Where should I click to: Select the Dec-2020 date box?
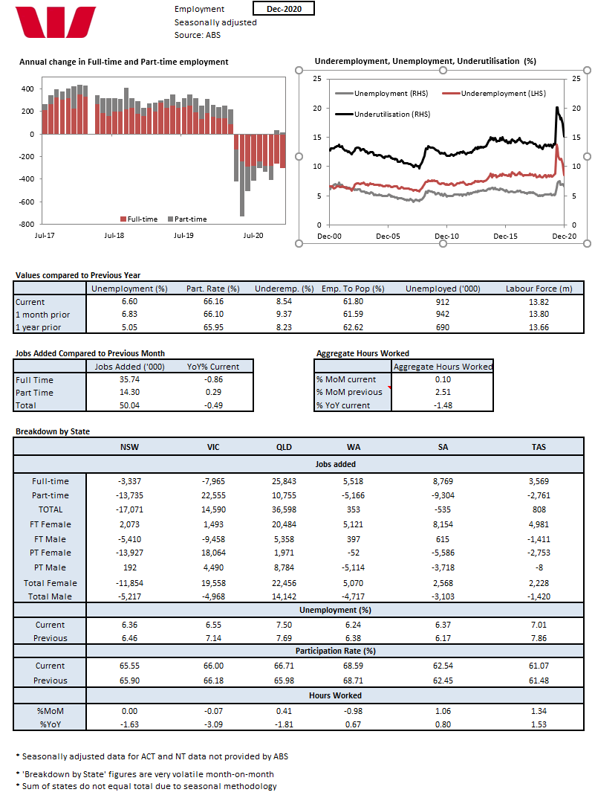click(283, 8)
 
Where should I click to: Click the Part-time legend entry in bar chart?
click(187, 219)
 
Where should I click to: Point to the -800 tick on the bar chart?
click(26, 224)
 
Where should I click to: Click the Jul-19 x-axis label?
click(183, 236)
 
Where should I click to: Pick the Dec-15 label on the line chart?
click(505, 236)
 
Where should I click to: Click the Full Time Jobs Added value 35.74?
click(129, 379)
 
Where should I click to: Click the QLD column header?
click(284, 448)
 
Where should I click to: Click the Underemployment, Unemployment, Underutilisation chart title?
click(425, 61)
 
